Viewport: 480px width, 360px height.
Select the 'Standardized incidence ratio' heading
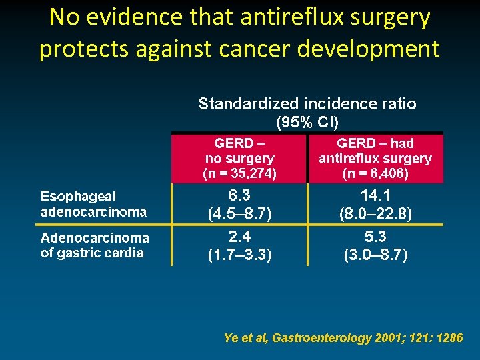click(307, 104)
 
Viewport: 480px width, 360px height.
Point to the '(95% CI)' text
click(307, 122)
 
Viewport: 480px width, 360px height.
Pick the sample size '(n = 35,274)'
click(239, 174)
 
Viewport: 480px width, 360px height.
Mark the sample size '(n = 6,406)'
click(375, 174)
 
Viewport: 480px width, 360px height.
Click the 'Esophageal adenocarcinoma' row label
click(93, 204)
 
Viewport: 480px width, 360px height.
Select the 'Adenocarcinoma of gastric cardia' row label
click(95, 245)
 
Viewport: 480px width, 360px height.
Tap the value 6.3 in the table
click(239, 195)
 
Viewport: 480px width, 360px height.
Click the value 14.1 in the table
click(376, 195)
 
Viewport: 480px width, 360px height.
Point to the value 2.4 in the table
click(239, 237)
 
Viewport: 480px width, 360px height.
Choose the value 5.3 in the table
click(376, 237)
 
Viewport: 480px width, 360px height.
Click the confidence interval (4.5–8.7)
click(239, 214)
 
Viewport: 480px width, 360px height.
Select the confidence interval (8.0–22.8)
click(376, 214)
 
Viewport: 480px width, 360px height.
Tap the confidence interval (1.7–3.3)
click(239, 255)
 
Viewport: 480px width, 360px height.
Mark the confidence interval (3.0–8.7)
click(376, 255)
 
